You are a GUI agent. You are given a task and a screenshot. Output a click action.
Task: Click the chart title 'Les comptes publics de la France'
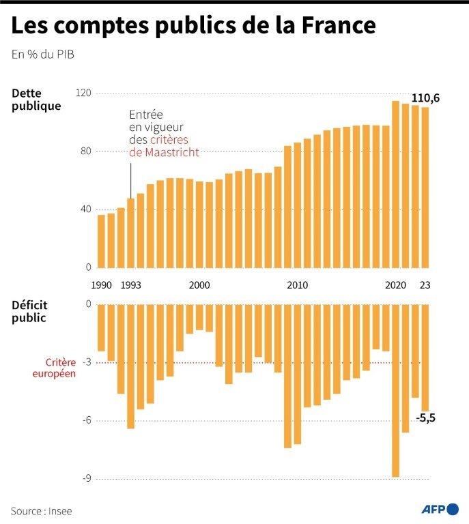point(193,26)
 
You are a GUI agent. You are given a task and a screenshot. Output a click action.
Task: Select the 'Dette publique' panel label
point(36,100)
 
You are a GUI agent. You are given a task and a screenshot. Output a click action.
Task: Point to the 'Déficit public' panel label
point(29,311)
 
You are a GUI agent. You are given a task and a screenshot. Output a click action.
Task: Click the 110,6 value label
point(425,98)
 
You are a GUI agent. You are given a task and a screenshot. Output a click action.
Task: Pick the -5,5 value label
point(425,418)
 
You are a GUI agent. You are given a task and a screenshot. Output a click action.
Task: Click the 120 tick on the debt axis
point(84,93)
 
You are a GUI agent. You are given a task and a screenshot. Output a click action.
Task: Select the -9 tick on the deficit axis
point(87,479)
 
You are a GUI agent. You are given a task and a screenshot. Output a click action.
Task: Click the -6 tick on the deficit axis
point(87,421)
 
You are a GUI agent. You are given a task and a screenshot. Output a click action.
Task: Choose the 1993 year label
point(131,285)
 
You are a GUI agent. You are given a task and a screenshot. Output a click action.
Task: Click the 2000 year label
point(199,285)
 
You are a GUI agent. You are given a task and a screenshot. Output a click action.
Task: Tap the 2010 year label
point(297,285)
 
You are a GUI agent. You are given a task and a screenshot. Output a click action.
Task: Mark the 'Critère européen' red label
point(60,368)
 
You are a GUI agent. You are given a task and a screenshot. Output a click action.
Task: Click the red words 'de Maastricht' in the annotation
point(165,153)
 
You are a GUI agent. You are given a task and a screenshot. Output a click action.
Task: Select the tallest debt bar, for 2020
point(395,184)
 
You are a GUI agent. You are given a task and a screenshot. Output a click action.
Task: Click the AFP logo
point(440,510)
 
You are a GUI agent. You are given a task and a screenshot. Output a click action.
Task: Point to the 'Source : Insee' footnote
point(41,510)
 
